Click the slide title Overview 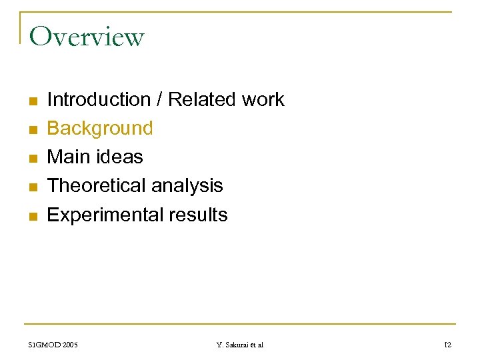tap(87, 37)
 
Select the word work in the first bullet tap(263, 100)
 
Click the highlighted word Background tap(100, 128)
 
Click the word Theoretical tap(97, 186)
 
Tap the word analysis tap(187, 186)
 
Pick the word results tap(198, 215)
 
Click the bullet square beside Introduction tap(33, 101)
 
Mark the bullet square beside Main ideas tap(33, 159)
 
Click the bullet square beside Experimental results tap(33, 216)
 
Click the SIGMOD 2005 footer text tap(53, 345)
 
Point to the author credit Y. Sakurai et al tap(240, 345)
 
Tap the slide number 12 tap(447, 345)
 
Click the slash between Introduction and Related tap(159, 100)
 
